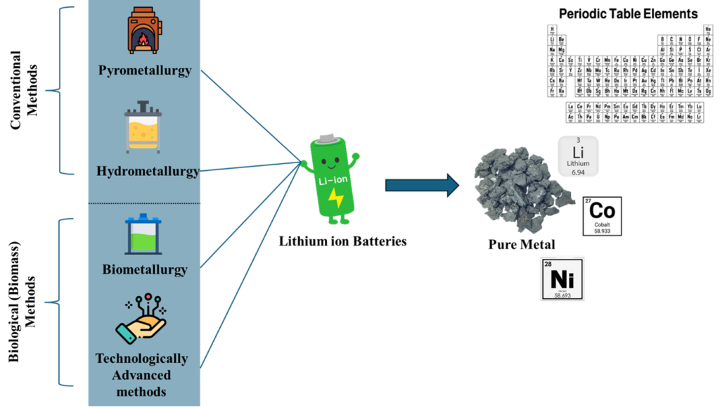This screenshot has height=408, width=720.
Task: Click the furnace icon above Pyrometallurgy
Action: [x=143, y=32]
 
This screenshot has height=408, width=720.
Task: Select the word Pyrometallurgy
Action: [x=144, y=71]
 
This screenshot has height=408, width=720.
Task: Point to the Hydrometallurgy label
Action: [x=147, y=171]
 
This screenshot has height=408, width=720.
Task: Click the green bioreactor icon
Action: [x=143, y=236]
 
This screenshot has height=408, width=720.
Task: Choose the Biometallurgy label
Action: [x=145, y=269]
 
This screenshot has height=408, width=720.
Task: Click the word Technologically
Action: [x=142, y=359]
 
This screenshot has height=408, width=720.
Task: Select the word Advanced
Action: [x=141, y=375]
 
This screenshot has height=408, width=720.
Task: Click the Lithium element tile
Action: [x=578, y=156]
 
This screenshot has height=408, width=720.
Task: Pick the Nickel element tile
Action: [x=562, y=279]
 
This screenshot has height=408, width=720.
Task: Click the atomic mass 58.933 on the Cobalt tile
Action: [x=602, y=230]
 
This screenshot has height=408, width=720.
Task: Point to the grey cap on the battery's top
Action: [x=326, y=138]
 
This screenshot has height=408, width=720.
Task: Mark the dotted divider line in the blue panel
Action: [x=144, y=204]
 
